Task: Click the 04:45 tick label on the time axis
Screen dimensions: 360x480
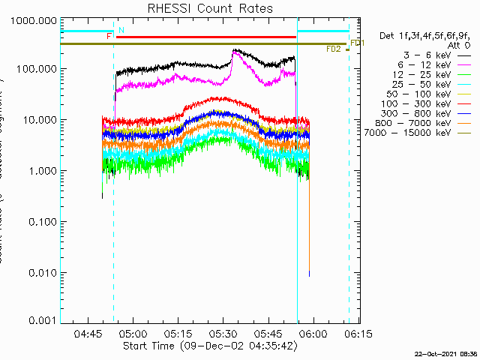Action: [89, 333]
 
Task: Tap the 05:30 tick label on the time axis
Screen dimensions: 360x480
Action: [223, 333]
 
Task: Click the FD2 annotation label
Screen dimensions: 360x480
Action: [334, 49]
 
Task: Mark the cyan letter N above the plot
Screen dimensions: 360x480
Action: [121, 30]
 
